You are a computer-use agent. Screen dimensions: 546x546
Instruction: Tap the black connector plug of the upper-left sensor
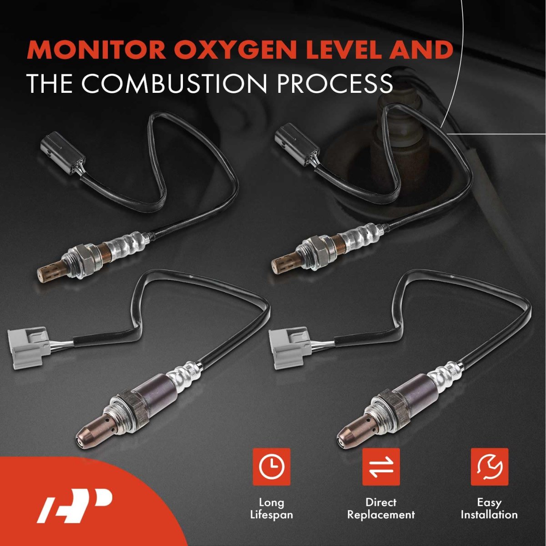[x=63, y=152]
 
